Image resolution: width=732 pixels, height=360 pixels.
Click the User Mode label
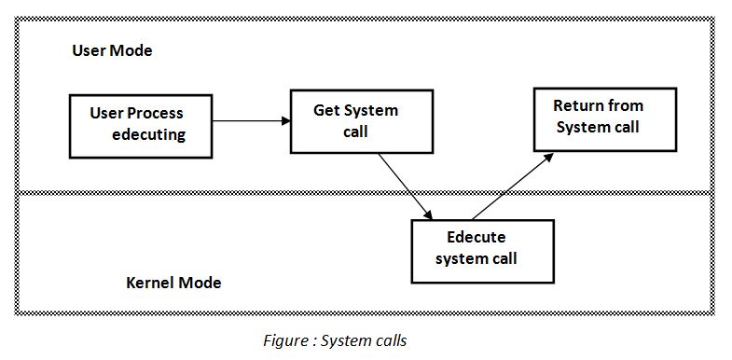pos(112,50)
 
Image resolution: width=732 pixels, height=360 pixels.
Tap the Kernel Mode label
pos(173,282)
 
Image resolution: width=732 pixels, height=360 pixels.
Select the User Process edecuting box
pos(140,124)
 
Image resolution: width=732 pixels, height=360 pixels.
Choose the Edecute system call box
pos(481,251)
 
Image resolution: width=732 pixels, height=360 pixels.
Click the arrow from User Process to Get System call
pos(250,120)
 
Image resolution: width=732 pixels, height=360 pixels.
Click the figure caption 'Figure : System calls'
pos(335,340)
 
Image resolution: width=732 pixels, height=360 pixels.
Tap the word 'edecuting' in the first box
pos(148,134)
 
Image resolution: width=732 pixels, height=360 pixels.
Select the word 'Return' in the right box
pos(576,105)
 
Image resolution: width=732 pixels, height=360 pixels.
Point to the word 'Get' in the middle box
pos(326,111)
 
